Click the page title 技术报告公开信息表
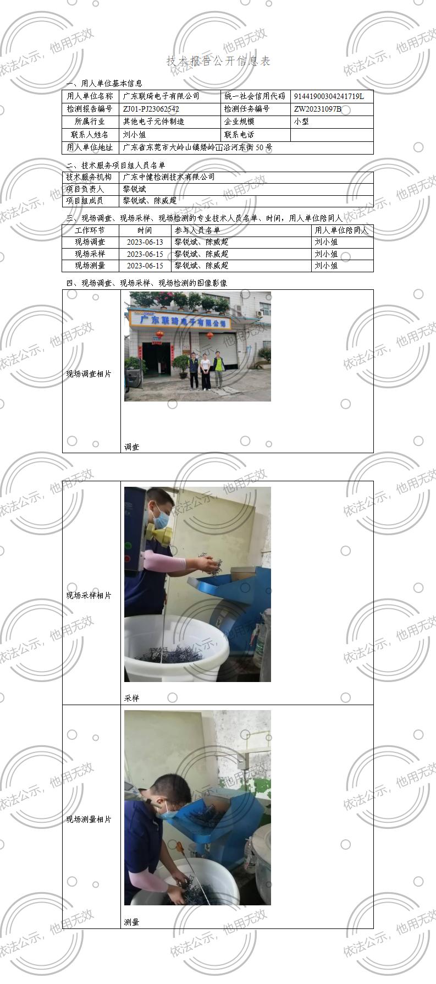[x=218, y=61]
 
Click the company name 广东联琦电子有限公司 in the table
[x=161, y=96]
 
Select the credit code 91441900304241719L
[x=329, y=96]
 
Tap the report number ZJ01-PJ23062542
[x=151, y=109]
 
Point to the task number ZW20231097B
[x=318, y=109]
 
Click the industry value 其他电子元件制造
[x=153, y=122]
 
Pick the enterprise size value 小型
[x=302, y=122]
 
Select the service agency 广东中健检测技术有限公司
[x=169, y=177]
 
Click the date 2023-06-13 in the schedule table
[x=145, y=242]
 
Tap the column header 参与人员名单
[x=197, y=230]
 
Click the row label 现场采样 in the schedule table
[x=90, y=254]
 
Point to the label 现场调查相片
[x=89, y=374]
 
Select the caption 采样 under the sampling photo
[x=132, y=698]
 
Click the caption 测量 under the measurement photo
[x=132, y=922]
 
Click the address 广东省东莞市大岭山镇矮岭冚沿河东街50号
[x=197, y=147]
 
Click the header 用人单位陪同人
[x=342, y=230]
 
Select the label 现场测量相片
[x=89, y=819]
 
